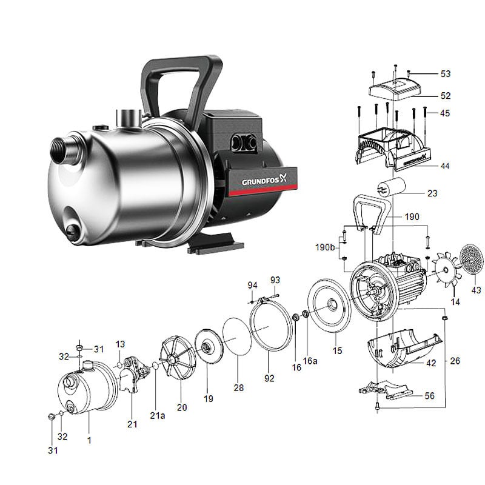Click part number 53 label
tap(446, 75)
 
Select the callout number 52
tap(446, 96)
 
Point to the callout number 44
tap(446, 166)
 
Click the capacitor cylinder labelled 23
tap(388, 189)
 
